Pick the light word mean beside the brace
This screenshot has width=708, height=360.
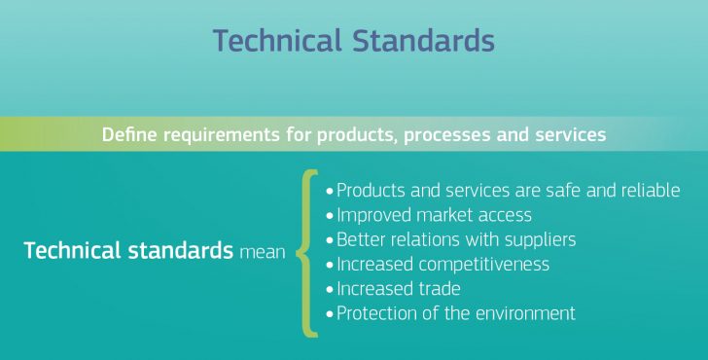[262, 252]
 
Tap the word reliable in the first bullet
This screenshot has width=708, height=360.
[649, 191]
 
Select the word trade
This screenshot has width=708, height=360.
[439, 289]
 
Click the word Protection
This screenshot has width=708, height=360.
[378, 313]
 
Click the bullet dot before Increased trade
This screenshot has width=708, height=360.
[330, 290]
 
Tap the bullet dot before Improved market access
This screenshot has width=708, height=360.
[330, 216]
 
